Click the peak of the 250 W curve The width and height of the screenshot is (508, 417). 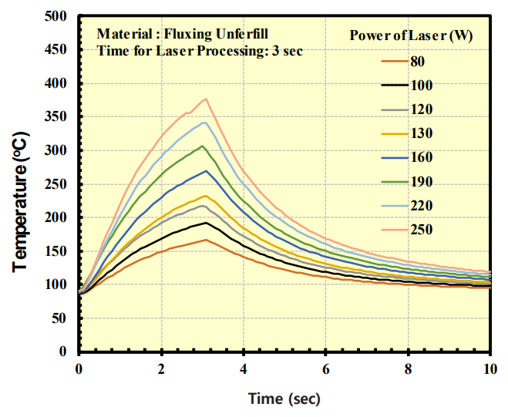click(x=206, y=99)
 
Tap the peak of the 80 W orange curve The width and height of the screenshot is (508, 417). click(x=206, y=240)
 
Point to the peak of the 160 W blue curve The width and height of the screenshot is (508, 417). click(x=206, y=171)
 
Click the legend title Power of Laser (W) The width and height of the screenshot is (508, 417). click(x=411, y=35)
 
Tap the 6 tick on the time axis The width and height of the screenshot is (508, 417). click(x=325, y=369)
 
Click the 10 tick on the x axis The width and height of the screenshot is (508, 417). click(x=490, y=369)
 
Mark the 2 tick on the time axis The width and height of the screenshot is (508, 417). click(x=161, y=369)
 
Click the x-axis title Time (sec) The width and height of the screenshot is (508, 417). click(x=284, y=399)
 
